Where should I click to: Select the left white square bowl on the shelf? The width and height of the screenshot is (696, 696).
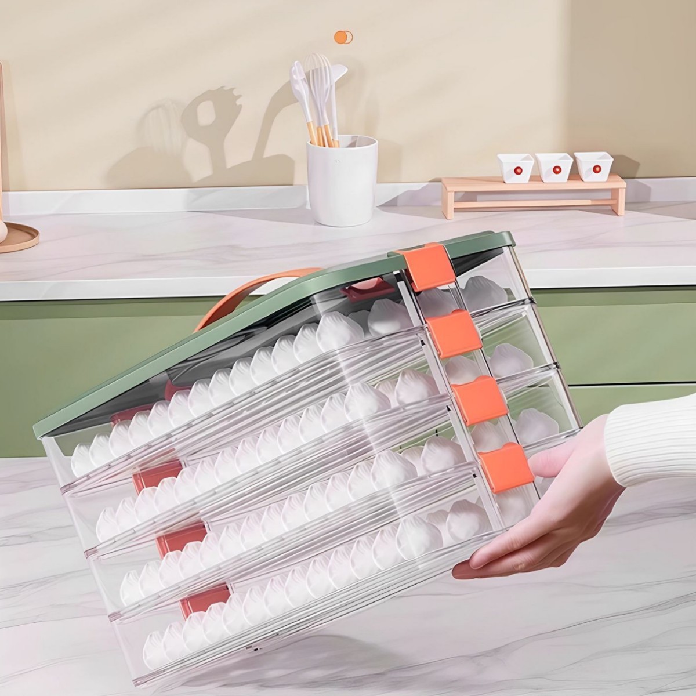[x=516, y=166]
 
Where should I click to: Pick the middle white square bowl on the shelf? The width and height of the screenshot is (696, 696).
[x=553, y=167]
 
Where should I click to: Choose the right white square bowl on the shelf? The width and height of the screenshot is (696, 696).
[x=593, y=166]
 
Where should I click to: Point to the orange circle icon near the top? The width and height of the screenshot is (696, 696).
[x=343, y=37]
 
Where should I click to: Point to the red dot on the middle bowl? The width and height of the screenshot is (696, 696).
[x=556, y=170]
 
